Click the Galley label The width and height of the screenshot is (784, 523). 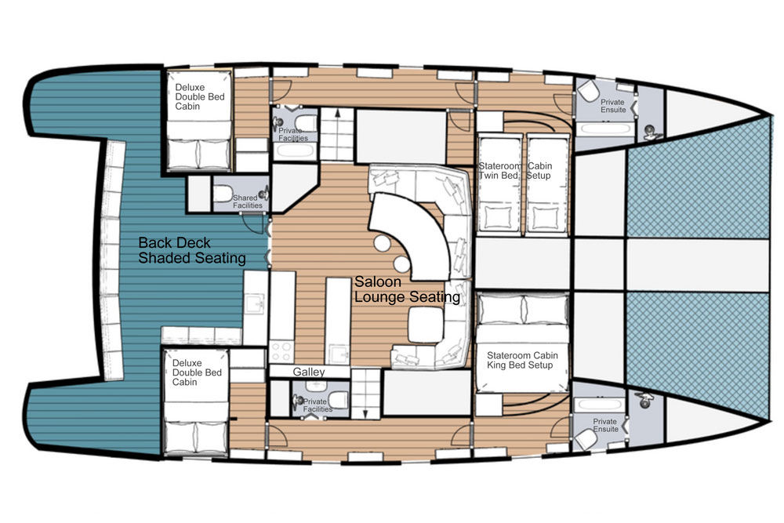tap(309, 371)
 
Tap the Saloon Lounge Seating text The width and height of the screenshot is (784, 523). tap(406, 289)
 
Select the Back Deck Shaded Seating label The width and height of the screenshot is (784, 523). tap(191, 249)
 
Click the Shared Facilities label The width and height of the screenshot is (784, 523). tap(245, 202)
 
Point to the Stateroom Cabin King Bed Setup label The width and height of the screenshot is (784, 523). tap(521, 359)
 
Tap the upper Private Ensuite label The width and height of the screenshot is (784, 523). tap(613, 106)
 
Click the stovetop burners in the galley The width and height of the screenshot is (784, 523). tap(281, 347)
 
